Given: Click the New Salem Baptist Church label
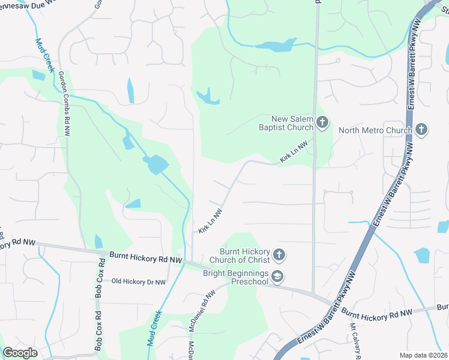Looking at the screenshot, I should (x=292, y=123).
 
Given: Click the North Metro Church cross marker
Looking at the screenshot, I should (x=421, y=130).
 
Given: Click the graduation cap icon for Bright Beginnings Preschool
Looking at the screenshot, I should (x=277, y=276).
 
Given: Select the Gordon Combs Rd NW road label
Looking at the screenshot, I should (x=64, y=98).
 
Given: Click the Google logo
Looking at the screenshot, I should (x=20, y=353).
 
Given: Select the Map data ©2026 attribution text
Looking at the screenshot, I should (x=423, y=355).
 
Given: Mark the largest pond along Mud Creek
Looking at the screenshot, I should (x=155, y=163).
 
